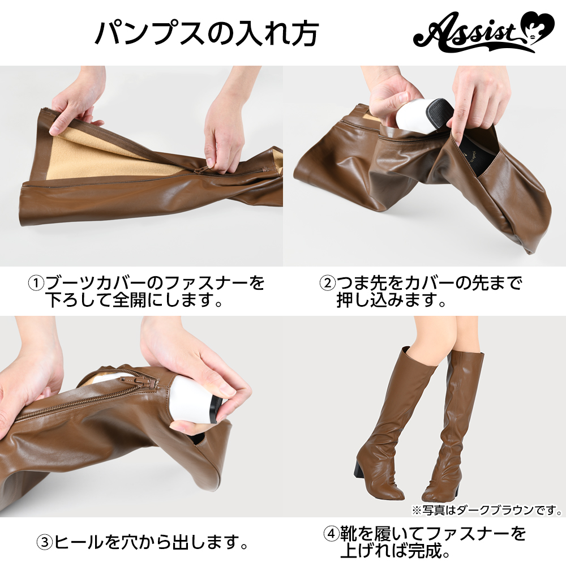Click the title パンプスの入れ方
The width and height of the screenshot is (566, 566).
tap(206, 33)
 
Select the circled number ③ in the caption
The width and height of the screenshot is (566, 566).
tap(45, 542)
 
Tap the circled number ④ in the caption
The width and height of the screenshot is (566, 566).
tap(331, 534)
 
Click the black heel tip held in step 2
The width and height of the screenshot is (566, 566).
tap(437, 112)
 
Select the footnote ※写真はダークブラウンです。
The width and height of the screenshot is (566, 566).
tap(487, 510)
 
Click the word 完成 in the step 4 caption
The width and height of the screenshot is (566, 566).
tap(422, 551)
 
